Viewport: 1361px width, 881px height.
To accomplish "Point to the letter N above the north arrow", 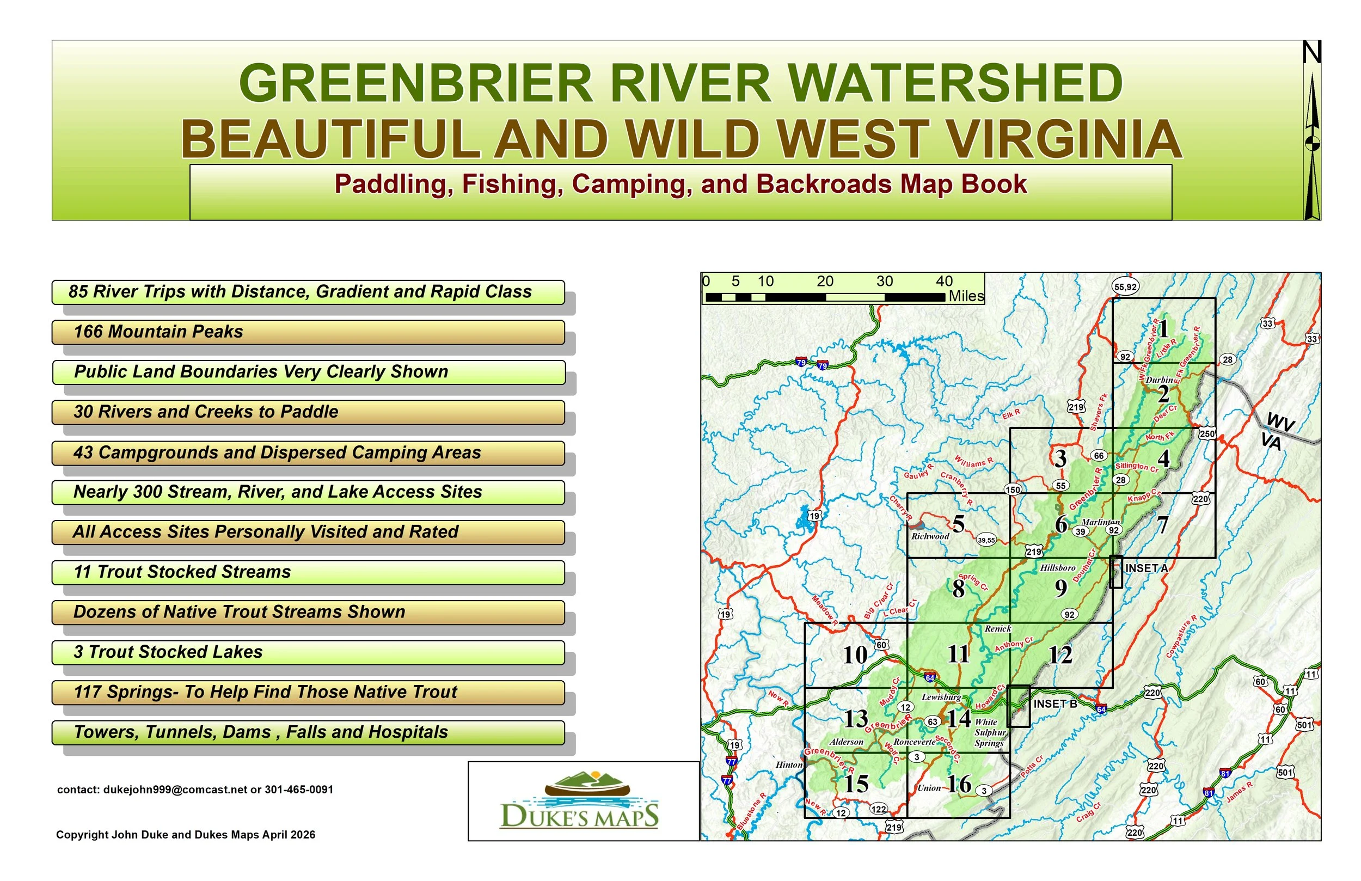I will [1311, 53].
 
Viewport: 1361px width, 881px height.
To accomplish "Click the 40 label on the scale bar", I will [944, 281].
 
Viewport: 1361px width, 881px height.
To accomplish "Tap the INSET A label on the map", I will [1146, 568].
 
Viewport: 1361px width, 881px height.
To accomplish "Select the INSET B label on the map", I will [1055, 703].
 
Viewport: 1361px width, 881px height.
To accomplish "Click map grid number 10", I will [855, 656].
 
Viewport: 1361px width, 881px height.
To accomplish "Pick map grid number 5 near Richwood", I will [959, 524].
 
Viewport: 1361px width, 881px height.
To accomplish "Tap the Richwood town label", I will [930, 537].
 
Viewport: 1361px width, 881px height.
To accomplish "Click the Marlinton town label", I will [1101, 522].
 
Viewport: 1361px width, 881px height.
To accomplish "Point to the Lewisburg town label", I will [941, 697].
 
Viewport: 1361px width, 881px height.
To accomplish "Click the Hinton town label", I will [789, 764].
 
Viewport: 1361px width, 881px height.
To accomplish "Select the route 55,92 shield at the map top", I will [1125, 286].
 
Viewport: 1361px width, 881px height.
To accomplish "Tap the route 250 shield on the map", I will [1207, 433].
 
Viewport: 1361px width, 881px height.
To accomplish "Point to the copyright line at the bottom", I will [185, 835].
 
